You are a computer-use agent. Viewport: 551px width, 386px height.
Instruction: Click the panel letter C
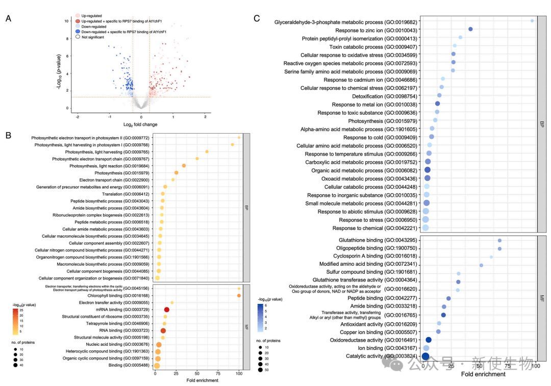[x=257, y=19]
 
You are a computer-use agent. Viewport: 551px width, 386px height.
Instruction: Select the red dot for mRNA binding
[x=166, y=310]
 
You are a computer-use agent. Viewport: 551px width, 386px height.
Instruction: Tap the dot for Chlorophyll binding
[x=239, y=295]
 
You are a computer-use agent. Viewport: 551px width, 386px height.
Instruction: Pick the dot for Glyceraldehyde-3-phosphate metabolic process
[x=532, y=21]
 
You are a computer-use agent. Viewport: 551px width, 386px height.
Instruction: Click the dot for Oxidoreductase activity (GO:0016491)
[x=429, y=340]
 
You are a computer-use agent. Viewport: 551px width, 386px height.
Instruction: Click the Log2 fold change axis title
[x=140, y=124]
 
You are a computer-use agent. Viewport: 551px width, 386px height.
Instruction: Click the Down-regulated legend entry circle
[x=78, y=27]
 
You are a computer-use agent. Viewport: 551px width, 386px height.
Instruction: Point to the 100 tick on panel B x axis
[x=239, y=374]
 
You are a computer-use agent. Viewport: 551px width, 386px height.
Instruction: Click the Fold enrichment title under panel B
[x=202, y=380]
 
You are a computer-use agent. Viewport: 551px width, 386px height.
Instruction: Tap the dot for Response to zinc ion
[x=470, y=30]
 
